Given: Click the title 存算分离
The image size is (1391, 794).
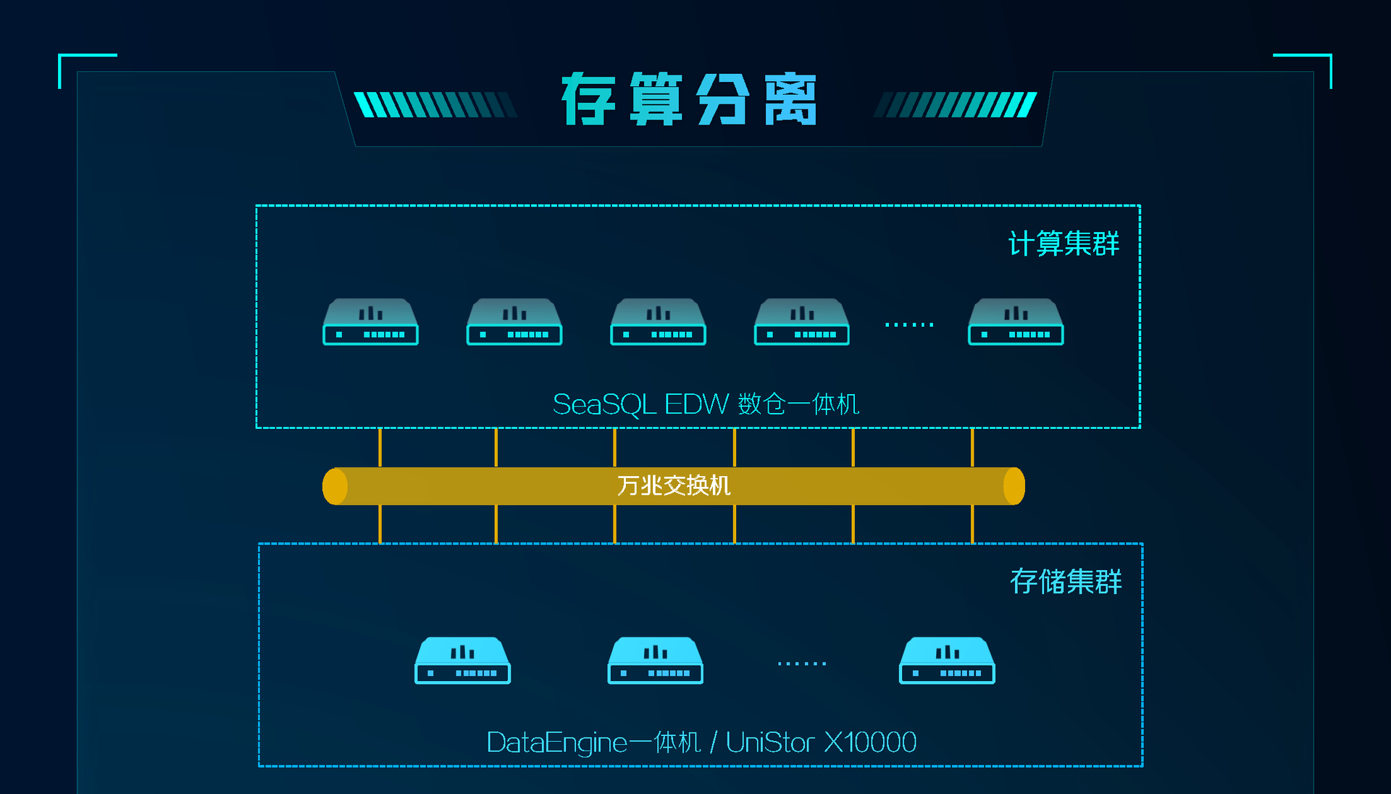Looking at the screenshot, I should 689,99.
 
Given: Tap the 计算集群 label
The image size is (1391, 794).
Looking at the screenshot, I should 1064,243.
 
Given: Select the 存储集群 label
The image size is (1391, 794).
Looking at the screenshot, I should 1066,581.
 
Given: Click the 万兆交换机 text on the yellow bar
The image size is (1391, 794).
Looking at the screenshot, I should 674,485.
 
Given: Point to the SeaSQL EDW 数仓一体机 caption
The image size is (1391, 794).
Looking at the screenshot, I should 706,404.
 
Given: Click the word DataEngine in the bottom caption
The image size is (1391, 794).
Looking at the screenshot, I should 556,743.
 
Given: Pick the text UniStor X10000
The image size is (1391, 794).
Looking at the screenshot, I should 821,743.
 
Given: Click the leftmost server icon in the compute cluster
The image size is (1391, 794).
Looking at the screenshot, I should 370,322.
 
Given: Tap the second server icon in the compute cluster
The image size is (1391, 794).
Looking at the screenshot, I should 514,322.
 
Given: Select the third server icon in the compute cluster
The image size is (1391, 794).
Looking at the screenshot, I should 658,322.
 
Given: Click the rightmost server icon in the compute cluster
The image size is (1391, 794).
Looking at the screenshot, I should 1016,322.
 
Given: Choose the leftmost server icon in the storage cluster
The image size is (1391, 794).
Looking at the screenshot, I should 462,660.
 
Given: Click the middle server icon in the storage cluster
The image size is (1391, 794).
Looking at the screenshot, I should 655,660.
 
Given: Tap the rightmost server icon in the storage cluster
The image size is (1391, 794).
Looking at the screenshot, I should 947,660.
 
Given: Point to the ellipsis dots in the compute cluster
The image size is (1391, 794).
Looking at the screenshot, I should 909,325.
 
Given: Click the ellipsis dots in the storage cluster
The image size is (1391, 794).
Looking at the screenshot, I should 802,663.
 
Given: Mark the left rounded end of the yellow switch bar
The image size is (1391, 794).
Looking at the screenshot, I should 335,486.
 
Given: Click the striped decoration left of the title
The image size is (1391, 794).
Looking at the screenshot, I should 435,104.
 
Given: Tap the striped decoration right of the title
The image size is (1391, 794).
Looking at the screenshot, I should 956,104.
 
